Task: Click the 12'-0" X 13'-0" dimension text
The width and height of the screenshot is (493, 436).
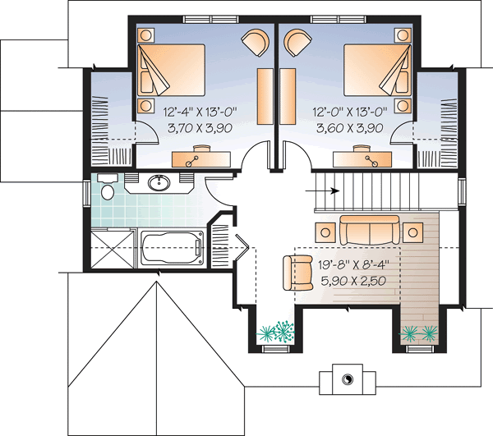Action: pos(348,112)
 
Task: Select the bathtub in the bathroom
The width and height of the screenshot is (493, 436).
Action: pos(172,248)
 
